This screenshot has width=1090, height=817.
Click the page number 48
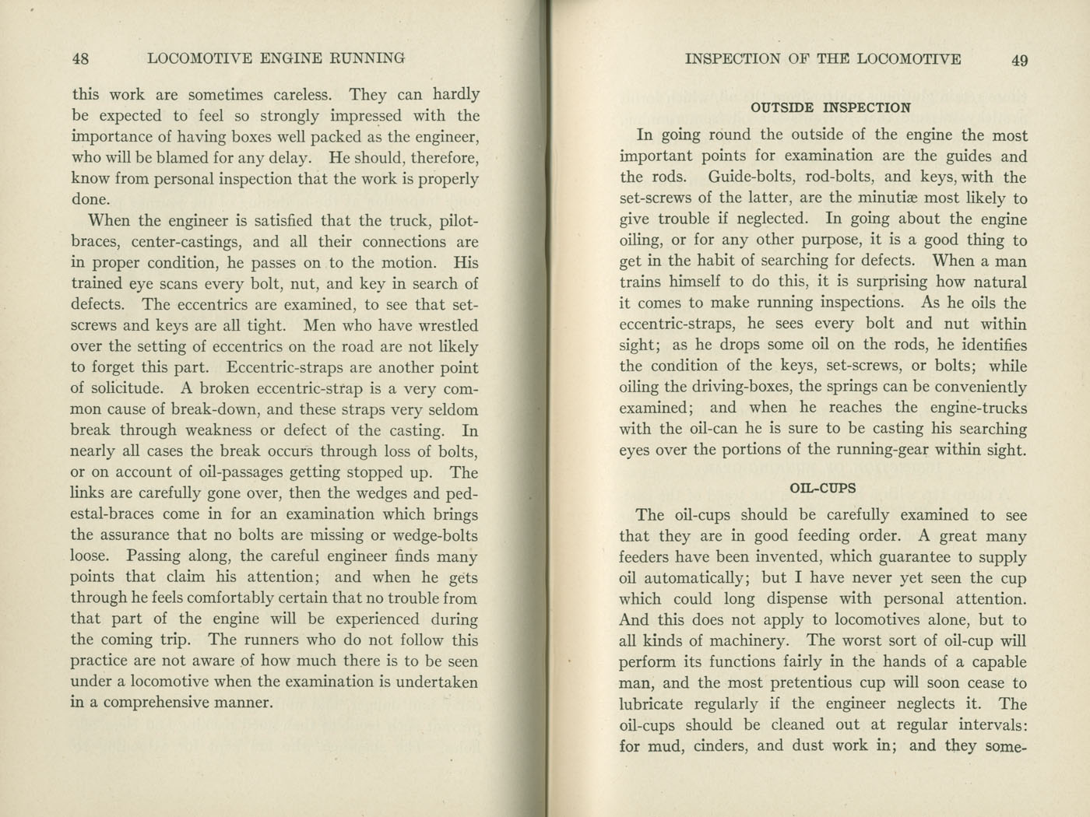click(x=80, y=58)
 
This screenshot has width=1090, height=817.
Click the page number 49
click(x=1019, y=61)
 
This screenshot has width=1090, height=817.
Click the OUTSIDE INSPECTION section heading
click(x=831, y=107)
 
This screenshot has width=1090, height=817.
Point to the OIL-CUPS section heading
click(x=823, y=489)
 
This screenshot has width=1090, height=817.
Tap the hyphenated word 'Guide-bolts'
click(x=752, y=177)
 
